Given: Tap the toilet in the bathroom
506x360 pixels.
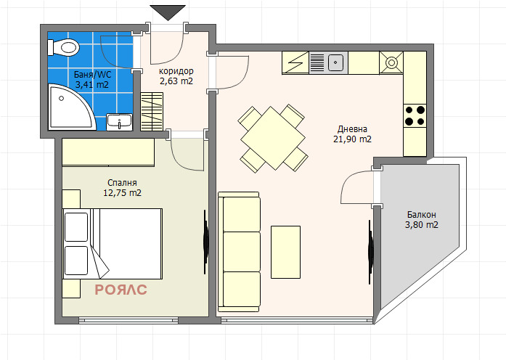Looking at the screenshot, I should click(65, 48).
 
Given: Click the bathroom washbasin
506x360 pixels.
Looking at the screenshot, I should click(119, 121).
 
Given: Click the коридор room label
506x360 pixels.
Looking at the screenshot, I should click(176, 70).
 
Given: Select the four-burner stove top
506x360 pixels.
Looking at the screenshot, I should click(415, 115).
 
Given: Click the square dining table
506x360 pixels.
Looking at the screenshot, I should click(272, 138).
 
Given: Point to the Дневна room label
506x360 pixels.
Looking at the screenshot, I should click(352, 128).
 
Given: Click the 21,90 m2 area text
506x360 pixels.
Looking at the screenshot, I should click(352, 139).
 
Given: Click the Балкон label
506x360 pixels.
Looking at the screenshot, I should click(421, 214).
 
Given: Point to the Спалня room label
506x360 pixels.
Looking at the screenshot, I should click(121, 182).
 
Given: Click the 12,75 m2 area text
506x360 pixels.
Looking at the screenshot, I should click(121, 193).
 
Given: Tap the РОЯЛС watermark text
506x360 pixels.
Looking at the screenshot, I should click(121, 290).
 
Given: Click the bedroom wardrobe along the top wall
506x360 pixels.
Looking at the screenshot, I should click(108, 152).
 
